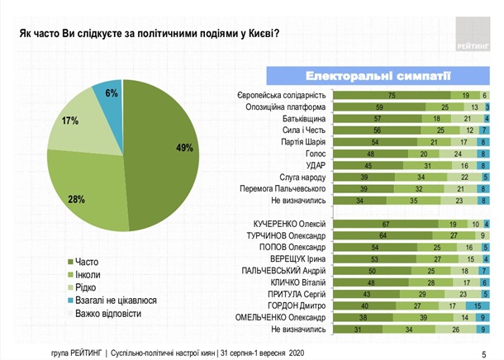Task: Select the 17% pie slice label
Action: point(69,121)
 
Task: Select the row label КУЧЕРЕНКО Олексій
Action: point(289,224)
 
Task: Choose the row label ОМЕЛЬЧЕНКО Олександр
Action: point(282,317)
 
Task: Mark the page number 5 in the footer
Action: point(483,354)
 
